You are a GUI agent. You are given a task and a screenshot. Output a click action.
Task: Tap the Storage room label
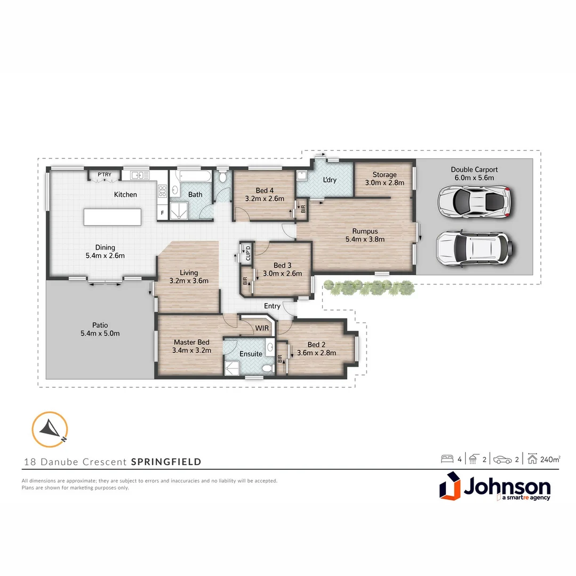click(x=384, y=174)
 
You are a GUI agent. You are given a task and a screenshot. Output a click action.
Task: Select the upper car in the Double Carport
click(x=474, y=201)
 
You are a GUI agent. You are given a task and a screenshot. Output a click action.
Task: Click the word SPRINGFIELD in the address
click(x=166, y=461)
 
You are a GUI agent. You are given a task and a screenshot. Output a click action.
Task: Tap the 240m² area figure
click(x=549, y=459)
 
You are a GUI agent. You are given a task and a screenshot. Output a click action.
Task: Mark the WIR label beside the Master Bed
click(x=261, y=328)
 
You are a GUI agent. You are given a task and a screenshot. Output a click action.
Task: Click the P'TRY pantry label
click(x=104, y=174)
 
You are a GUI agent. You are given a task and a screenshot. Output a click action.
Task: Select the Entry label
click(x=272, y=306)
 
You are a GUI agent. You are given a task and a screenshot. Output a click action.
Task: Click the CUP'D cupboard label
click(x=246, y=252)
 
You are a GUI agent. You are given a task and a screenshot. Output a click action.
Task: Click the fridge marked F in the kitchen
click(x=162, y=213)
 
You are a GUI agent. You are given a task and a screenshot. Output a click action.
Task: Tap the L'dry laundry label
click(x=330, y=180)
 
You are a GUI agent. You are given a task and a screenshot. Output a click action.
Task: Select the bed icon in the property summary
click(x=446, y=459)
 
